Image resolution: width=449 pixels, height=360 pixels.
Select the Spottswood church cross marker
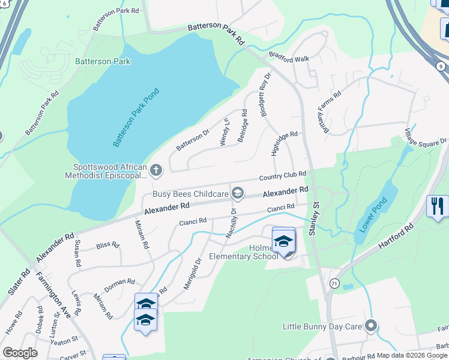tap(156, 170)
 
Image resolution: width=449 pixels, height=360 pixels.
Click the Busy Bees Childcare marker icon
tap(238, 193)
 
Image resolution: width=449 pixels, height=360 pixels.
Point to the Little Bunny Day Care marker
tap(370, 326)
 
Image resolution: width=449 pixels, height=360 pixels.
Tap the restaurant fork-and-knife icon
tap(437, 206)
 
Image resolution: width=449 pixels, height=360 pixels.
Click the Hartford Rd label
tap(397, 237)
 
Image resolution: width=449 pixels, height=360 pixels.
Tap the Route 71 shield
tap(334, 282)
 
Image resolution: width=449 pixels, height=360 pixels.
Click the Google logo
tap(20, 353)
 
